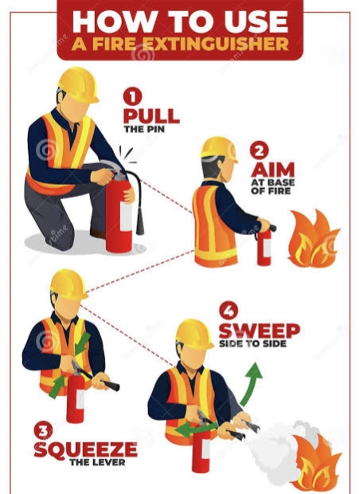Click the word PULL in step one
point(151,116)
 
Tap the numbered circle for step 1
point(132,96)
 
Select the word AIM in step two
point(272,170)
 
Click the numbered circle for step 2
point(259,151)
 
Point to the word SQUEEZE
point(86,449)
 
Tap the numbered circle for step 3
point(44,431)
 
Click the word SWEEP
point(259,331)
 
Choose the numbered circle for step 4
point(229,311)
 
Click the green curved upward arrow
point(249,385)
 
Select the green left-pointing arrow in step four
point(196,429)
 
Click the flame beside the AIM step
point(313,239)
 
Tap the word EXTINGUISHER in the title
point(215,44)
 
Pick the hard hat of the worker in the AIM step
point(218,148)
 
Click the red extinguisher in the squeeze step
point(76,397)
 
